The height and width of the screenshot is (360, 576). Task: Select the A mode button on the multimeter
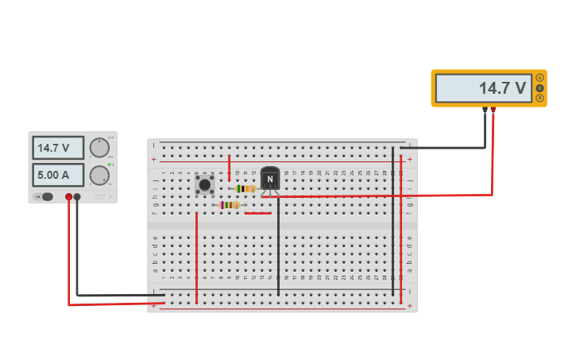click(x=540, y=78)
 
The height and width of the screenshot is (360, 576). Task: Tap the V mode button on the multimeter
click(x=540, y=88)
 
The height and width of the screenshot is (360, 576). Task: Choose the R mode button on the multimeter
click(x=540, y=99)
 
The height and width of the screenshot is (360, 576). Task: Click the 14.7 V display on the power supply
click(x=57, y=148)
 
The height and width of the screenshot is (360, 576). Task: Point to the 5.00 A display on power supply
click(x=57, y=175)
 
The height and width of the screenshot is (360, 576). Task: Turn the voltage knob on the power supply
click(x=99, y=148)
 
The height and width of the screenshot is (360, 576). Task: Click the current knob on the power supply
click(x=99, y=175)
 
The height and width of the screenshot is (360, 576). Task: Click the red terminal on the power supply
click(x=69, y=196)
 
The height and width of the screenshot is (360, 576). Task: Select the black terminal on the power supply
click(x=77, y=196)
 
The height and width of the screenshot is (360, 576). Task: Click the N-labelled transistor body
click(x=270, y=179)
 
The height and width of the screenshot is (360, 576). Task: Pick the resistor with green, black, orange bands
click(x=245, y=188)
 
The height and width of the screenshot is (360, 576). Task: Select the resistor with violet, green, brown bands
click(x=230, y=205)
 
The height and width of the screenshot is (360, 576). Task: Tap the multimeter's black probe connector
click(x=485, y=110)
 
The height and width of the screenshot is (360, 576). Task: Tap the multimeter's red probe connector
click(x=493, y=110)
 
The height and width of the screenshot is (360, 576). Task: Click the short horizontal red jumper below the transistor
click(x=257, y=213)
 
